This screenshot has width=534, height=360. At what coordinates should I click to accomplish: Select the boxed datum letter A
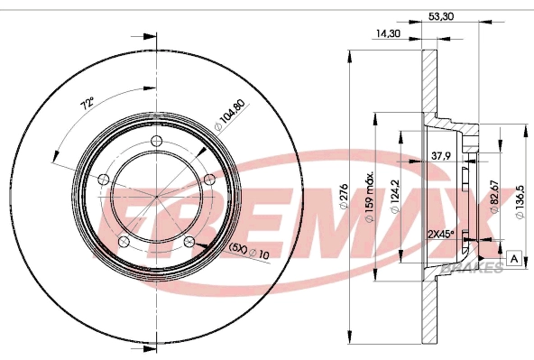513,259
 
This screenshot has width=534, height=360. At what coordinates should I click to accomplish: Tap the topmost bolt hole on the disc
157,140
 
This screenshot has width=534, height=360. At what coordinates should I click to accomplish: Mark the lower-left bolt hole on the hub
123,243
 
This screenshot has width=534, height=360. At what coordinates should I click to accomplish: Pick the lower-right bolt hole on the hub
189,243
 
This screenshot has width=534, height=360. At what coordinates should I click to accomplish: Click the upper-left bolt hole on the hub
103,179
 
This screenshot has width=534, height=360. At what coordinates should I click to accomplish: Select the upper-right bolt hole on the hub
209,179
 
